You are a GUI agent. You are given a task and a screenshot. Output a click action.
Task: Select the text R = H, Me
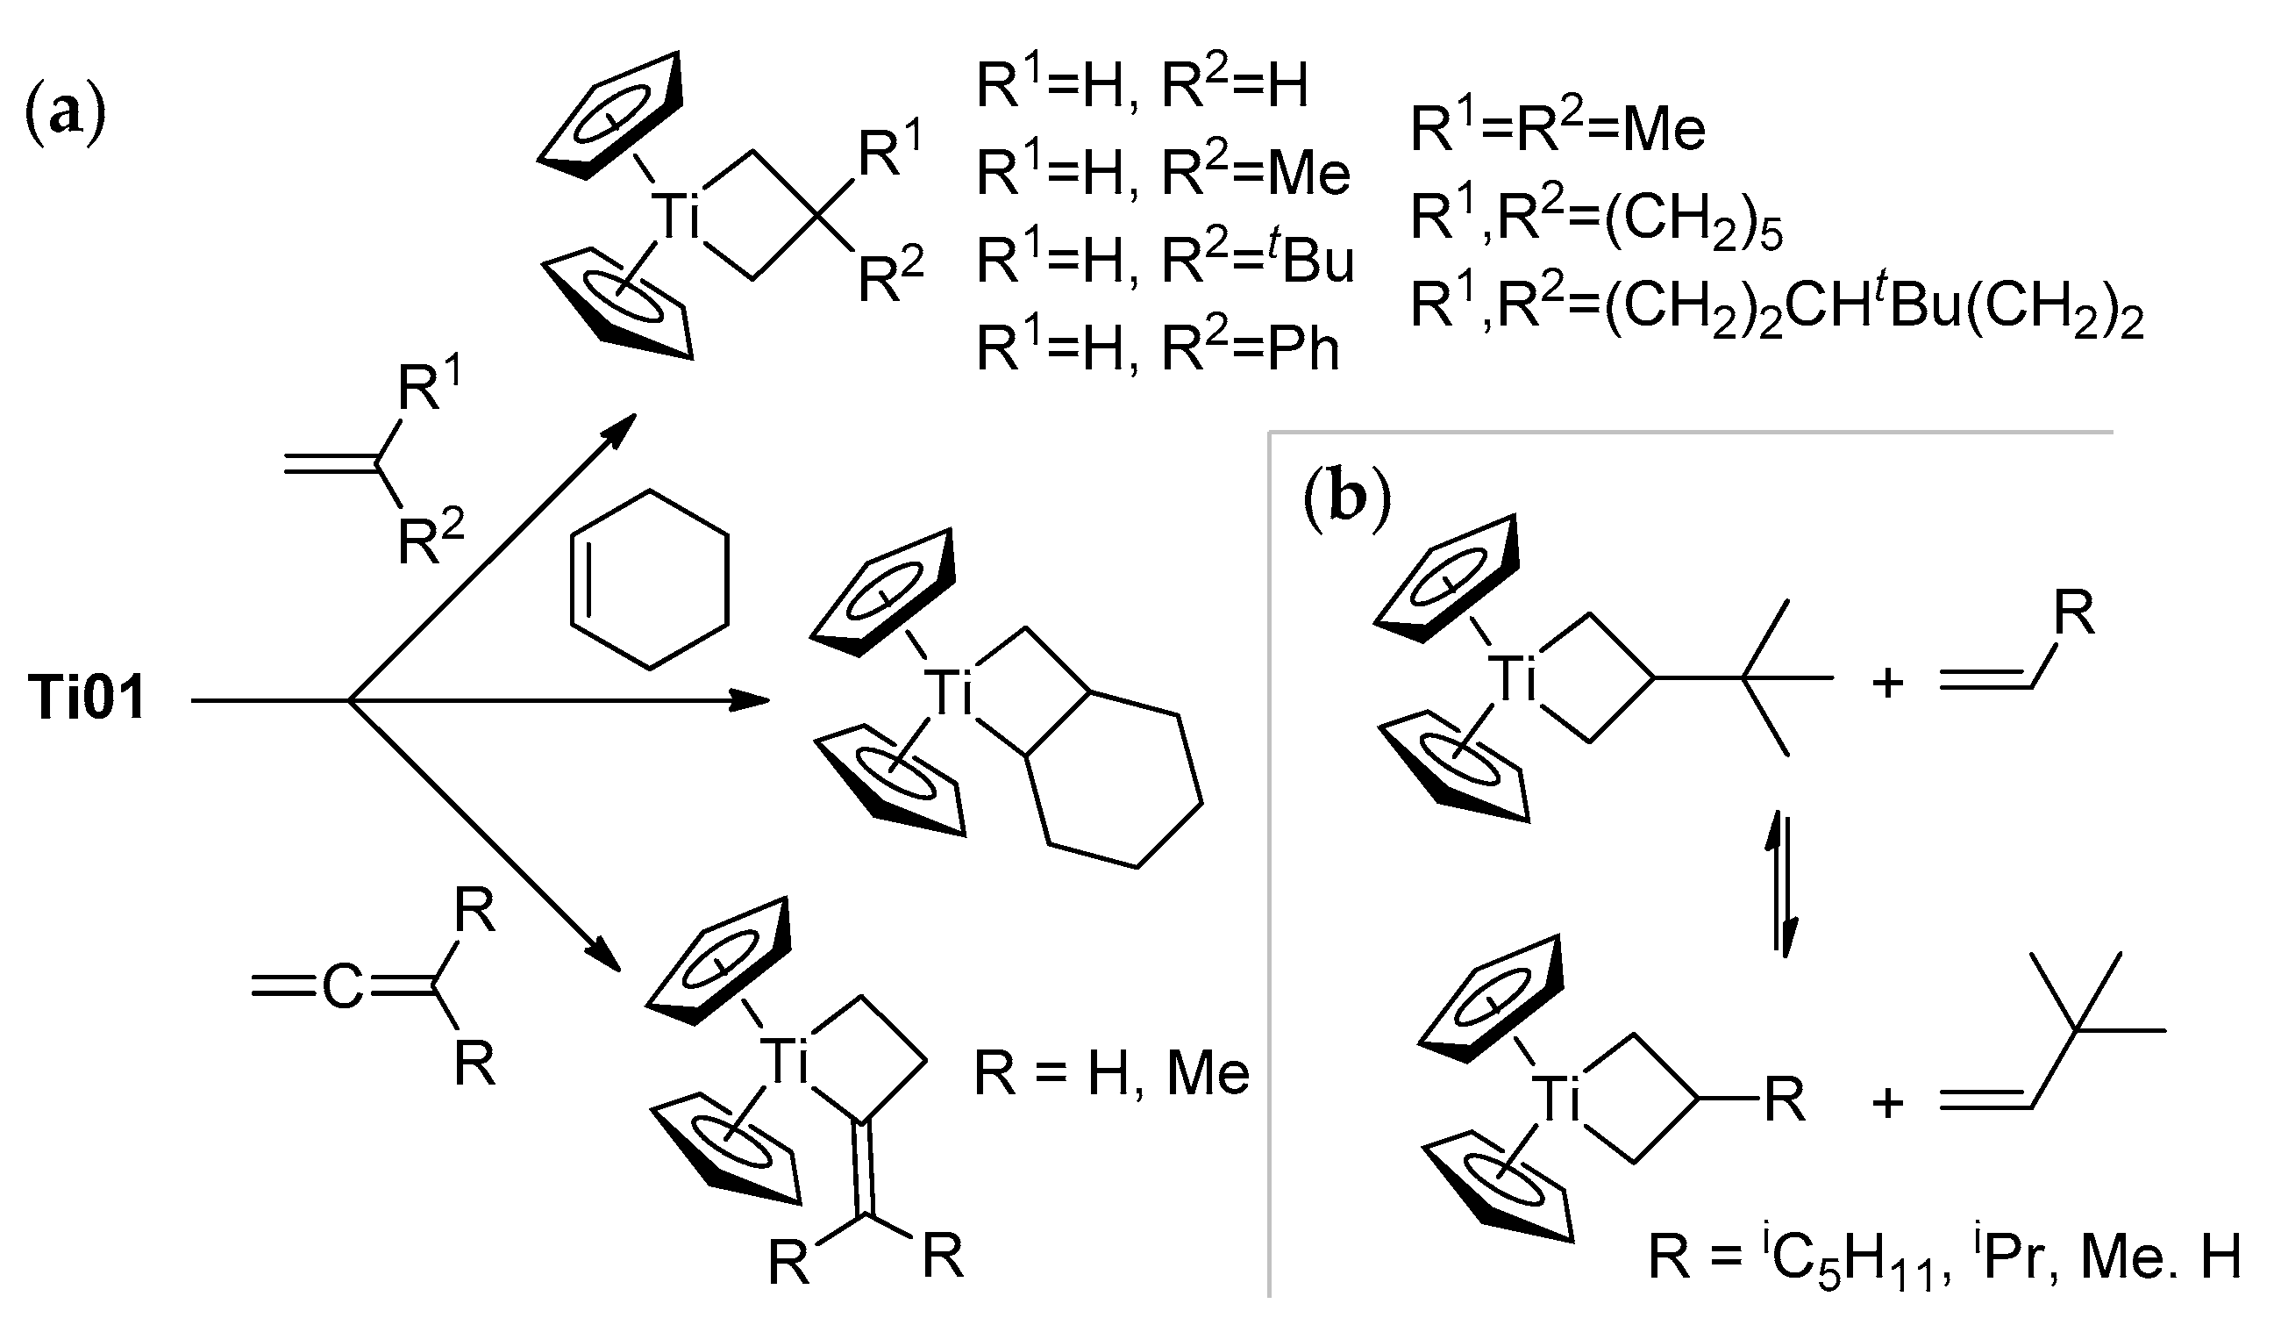(x=1111, y=1074)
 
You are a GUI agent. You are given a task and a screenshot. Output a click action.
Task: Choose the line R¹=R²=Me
(x=1558, y=130)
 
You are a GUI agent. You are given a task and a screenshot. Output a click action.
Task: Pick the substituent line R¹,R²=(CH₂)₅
(x=1597, y=219)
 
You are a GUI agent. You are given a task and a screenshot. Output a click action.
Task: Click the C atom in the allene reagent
(x=342, y=988)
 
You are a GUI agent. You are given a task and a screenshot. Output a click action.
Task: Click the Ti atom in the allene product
(x=782, y=1060)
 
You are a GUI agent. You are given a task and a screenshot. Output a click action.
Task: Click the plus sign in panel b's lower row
(x=1888, y=1103)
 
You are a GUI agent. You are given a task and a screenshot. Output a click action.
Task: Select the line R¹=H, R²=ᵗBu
(x=1165, y=261)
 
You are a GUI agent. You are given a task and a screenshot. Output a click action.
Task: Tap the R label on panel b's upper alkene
(x=2074, y=615)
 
